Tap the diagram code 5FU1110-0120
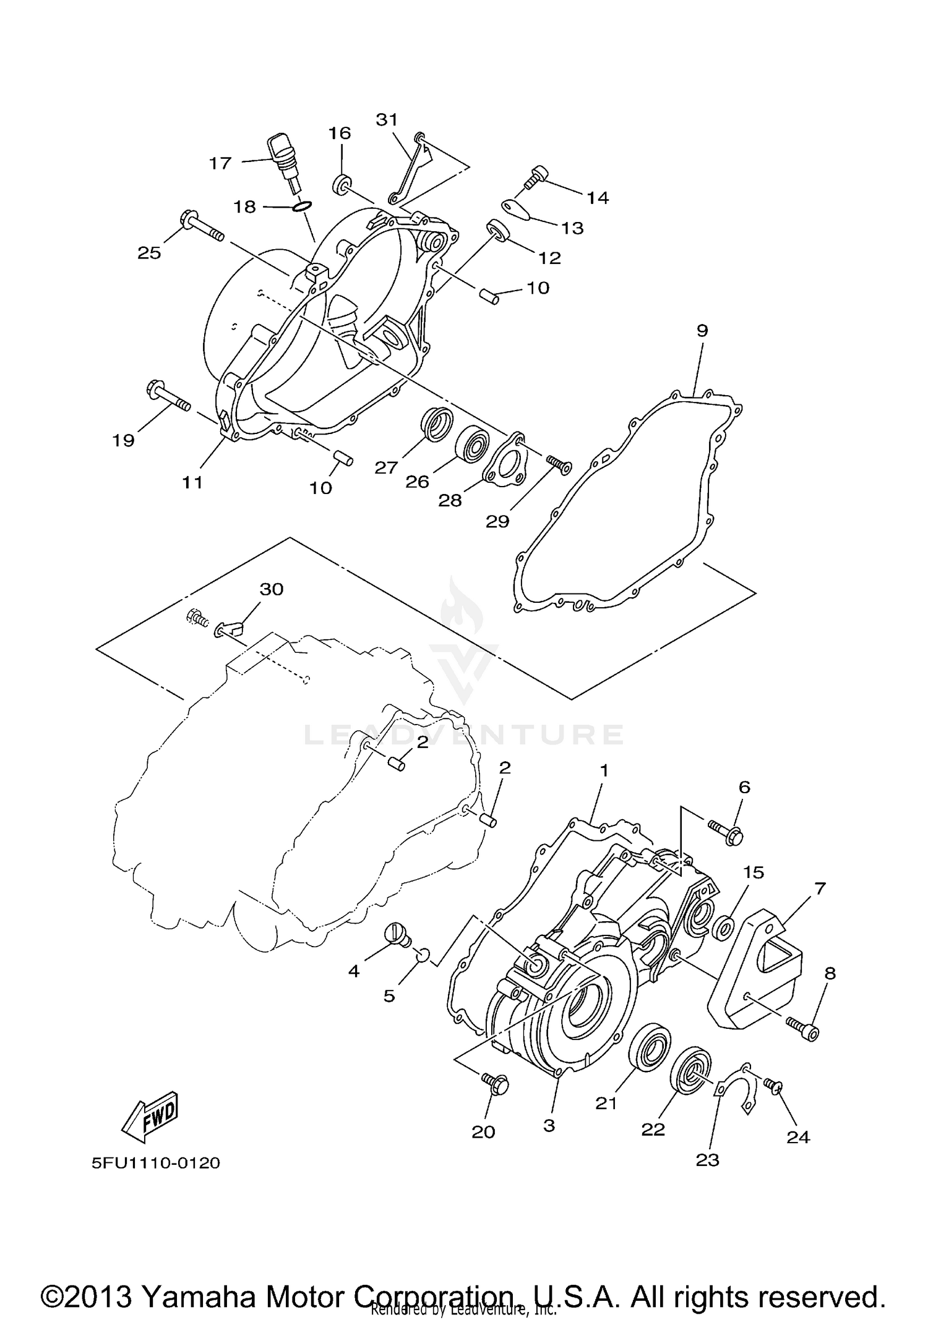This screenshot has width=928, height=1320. pyautogui.click(x=156, y=1163)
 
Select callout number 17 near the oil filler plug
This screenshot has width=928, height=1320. pyautogui.click(x=220, y=163)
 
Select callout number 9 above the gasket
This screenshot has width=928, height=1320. pyautogui.click(x=702, y=331)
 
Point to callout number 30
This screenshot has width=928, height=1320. pyautogui.click(x=271, y=589)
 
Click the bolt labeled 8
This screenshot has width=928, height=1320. pyautogui.click(x=803, y=1029)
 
